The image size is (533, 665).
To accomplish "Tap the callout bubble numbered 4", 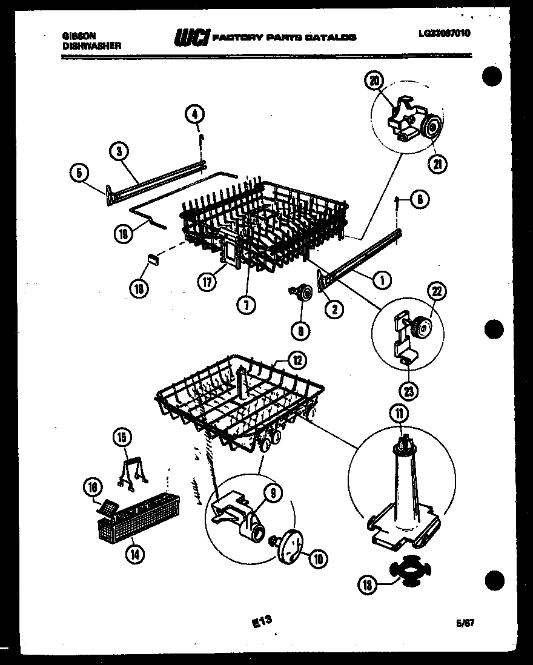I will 195,113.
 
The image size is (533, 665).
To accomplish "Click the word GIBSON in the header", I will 79,36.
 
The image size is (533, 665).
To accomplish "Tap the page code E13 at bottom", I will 261,621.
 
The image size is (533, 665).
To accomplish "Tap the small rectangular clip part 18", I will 153,259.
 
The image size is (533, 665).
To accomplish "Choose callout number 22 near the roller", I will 437,291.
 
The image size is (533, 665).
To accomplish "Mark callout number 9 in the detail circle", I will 273,494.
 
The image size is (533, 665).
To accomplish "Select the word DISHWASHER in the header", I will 91,45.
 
